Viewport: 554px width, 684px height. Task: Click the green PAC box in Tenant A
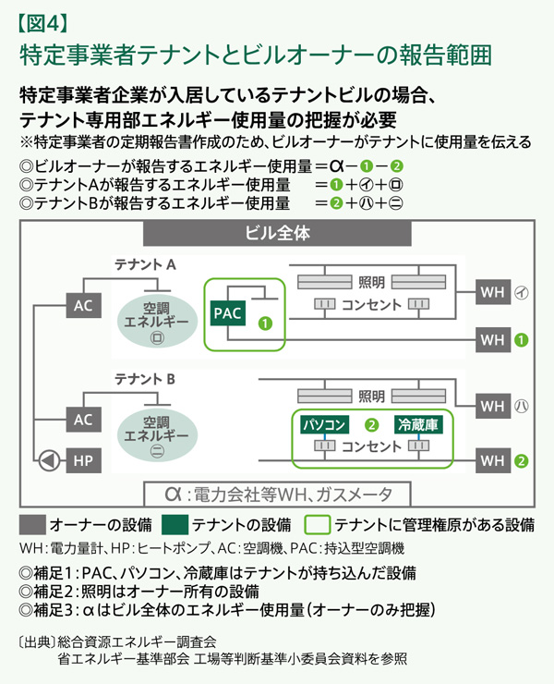coord(226,313)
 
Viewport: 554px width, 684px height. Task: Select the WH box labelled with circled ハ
coord(492,405)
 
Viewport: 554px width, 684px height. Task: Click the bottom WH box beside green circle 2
coord(492,459)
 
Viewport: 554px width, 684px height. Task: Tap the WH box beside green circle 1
coord(492,339)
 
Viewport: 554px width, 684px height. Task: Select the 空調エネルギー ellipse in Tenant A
coord(156,320)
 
